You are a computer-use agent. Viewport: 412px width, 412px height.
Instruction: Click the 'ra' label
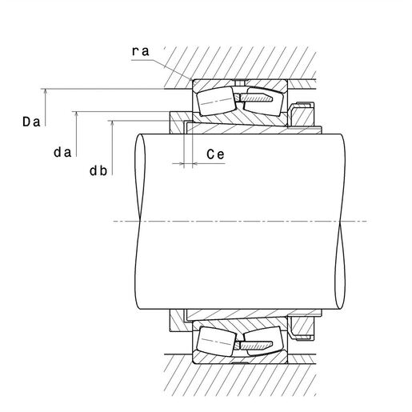(141, 51)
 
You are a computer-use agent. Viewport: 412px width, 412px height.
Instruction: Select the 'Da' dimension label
(31, 122)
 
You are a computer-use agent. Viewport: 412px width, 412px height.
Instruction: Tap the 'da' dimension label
(62, 152)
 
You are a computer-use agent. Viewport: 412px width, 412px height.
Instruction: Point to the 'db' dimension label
(98, 170)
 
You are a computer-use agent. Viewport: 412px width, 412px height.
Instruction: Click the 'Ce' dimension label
(215, 154)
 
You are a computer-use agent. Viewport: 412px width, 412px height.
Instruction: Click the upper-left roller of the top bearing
(216, 101)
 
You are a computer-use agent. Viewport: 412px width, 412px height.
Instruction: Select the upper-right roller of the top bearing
(263, 102)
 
